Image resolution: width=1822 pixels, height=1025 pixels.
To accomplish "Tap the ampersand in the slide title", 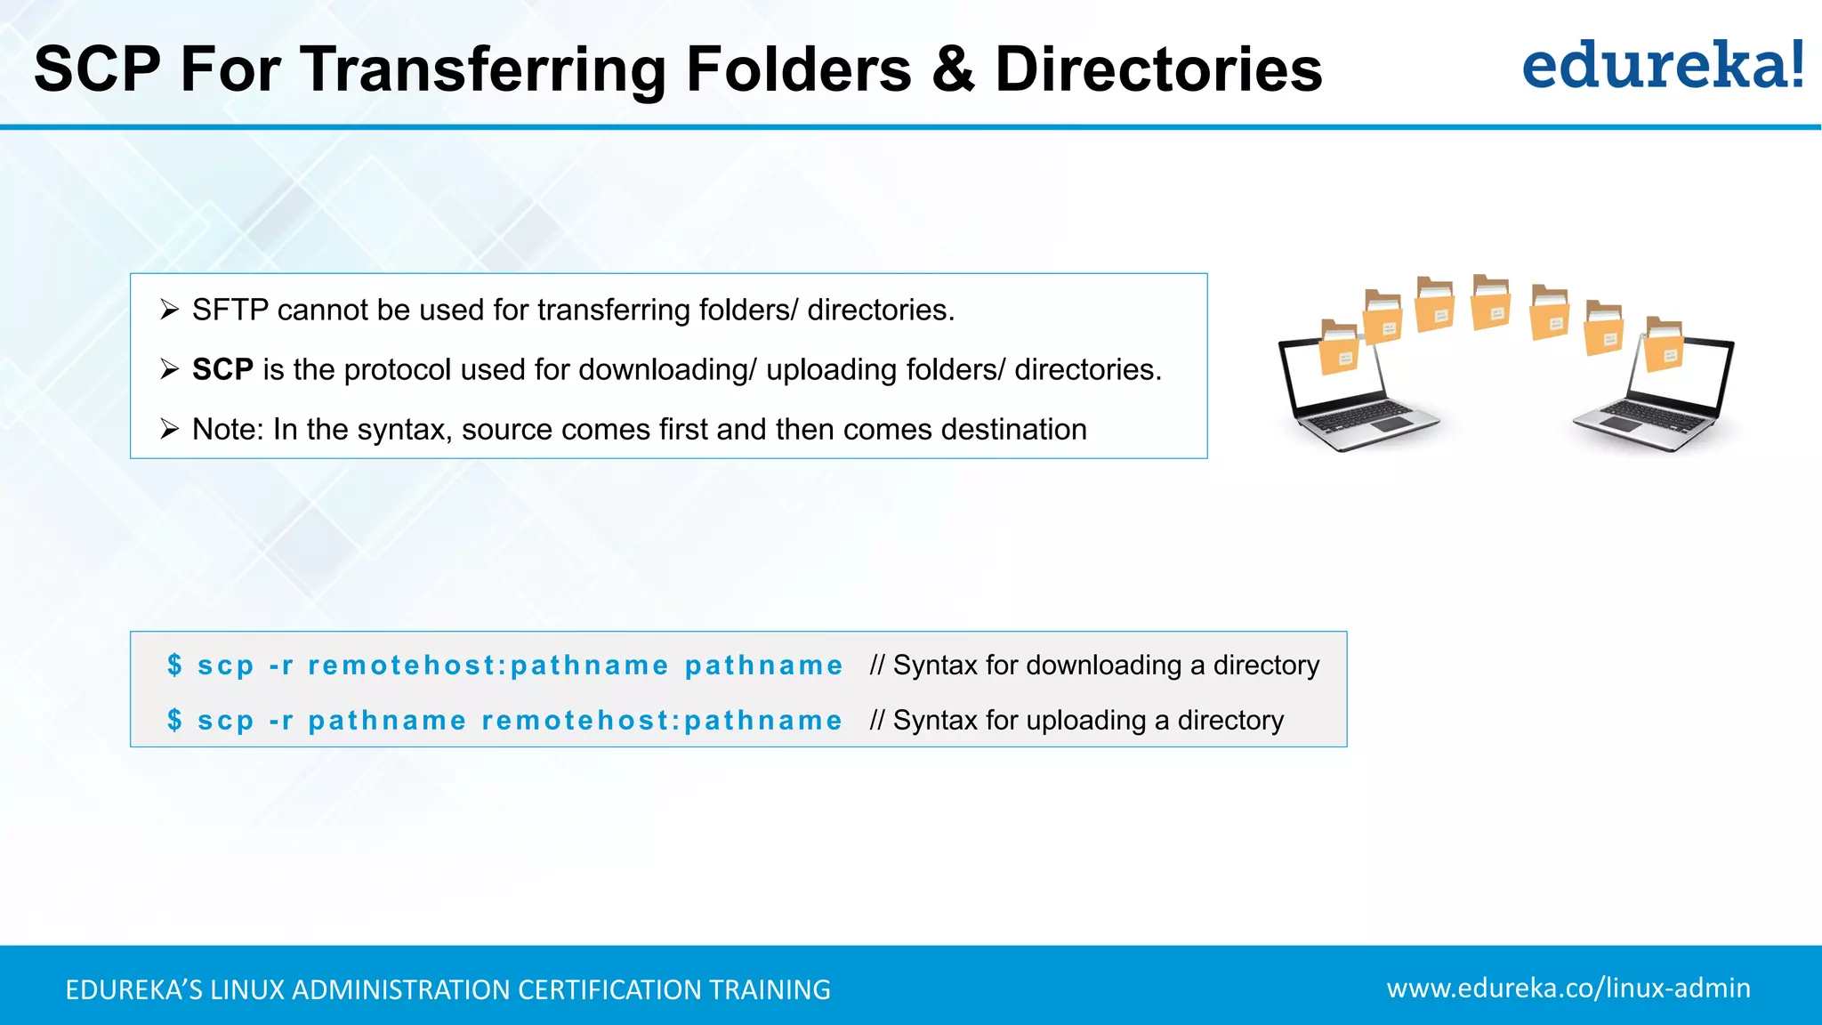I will (x=954, y=69).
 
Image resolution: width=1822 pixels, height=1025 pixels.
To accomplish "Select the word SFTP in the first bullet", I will (x=230, y=310).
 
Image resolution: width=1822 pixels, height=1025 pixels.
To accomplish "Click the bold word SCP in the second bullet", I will (x=222, y=369).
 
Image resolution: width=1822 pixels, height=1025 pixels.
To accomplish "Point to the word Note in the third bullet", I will (x=226, y=429).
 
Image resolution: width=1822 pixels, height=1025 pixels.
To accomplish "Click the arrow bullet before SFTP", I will (x=169, y=310).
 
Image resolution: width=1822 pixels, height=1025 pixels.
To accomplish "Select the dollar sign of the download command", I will (x=175, y=665).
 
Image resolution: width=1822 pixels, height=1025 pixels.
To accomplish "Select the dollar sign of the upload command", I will (x=175, y=720).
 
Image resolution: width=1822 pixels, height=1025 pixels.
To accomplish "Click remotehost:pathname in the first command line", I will (x=488, y=666).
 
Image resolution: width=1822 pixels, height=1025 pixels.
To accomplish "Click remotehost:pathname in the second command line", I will (x=662, y=721).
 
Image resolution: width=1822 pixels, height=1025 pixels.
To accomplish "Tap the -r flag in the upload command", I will (x=281, y=721).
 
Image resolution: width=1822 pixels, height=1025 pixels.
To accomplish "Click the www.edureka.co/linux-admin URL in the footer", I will (x=1568, y=988).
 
